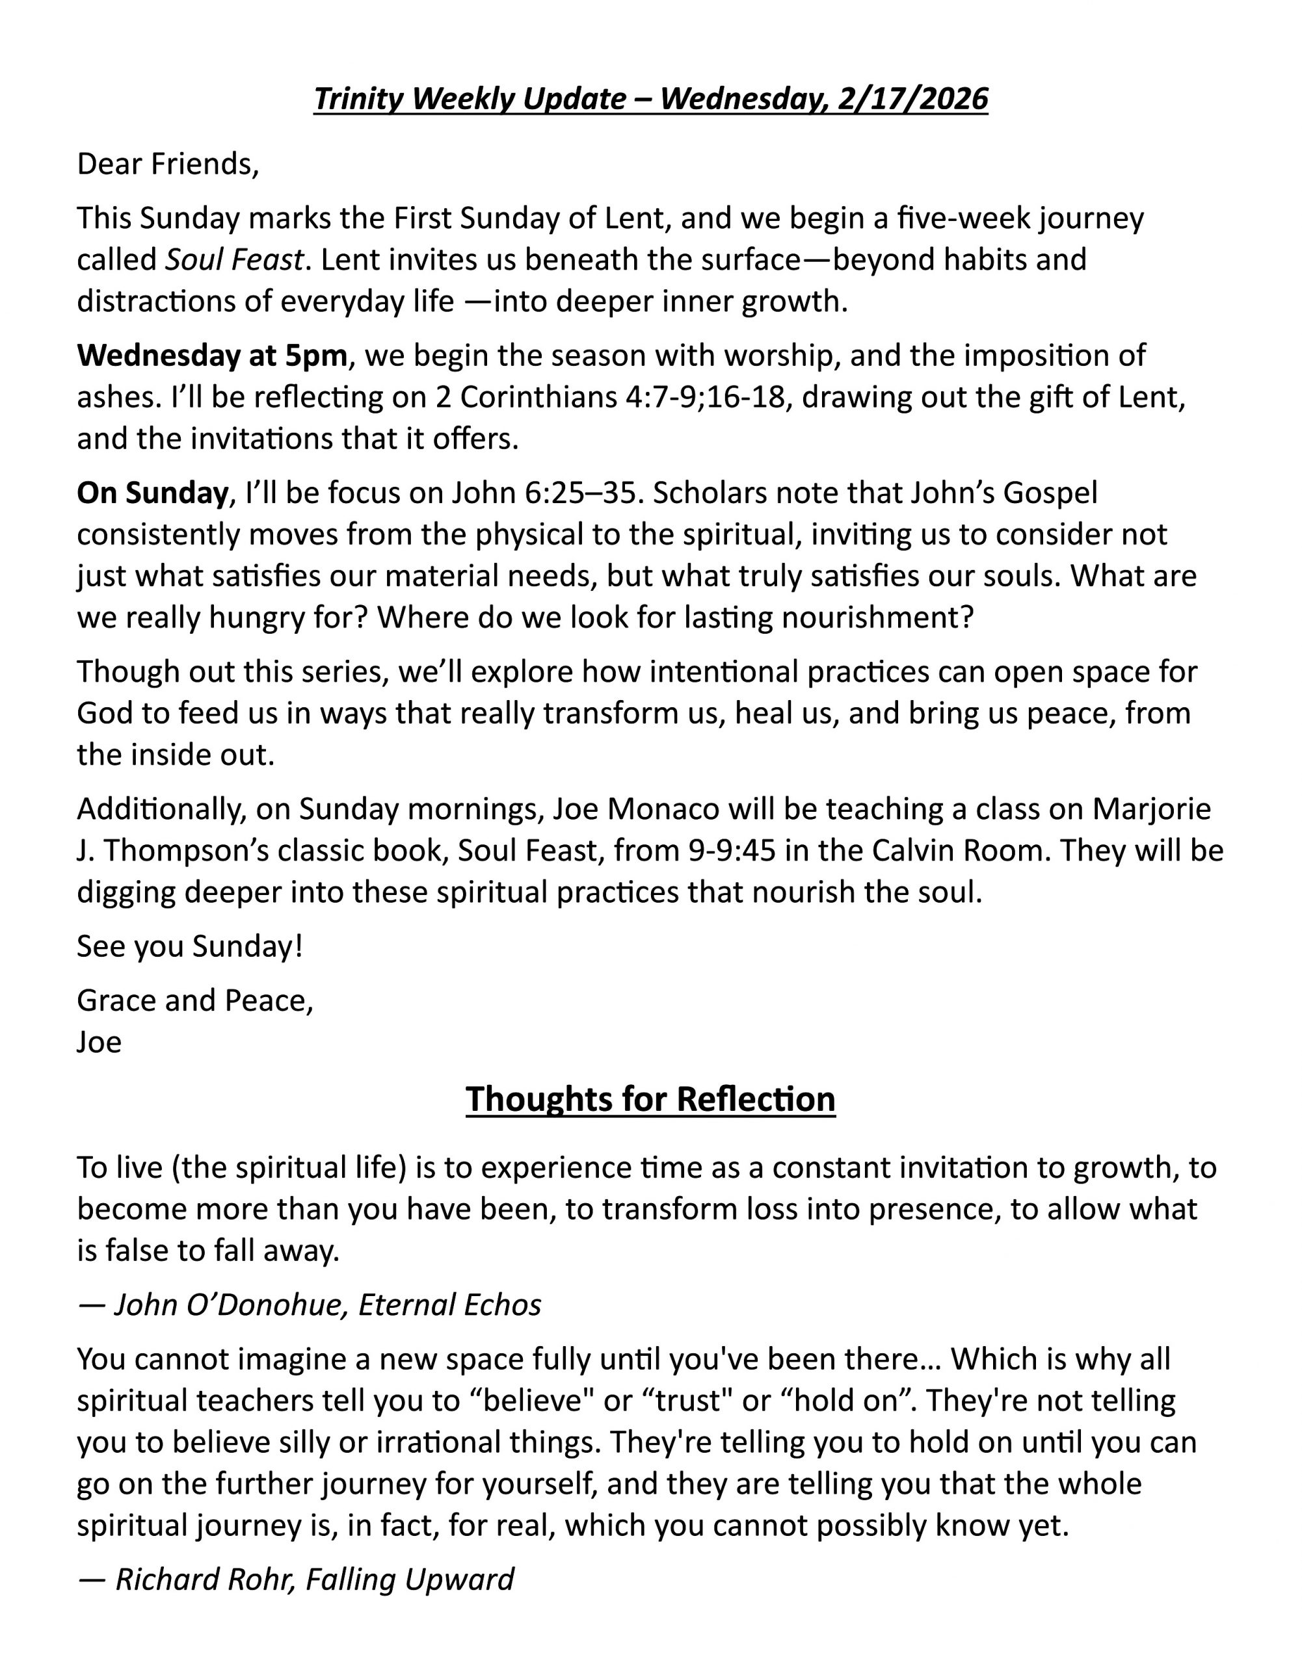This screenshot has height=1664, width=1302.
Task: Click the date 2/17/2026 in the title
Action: (912, 99)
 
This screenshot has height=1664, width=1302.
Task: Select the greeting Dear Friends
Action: (168, 164)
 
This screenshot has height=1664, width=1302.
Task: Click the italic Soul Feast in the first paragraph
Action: (235, 260)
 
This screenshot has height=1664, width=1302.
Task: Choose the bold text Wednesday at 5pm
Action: (212, 356)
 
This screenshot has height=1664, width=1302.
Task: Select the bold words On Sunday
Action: (152, 493)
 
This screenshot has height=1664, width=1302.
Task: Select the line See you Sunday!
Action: (190, 946)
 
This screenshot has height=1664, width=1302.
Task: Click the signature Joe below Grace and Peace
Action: (99, 1043)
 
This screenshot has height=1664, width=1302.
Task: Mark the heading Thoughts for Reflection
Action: (650, 1099)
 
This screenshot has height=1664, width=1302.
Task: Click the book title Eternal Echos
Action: (450, 1305)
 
